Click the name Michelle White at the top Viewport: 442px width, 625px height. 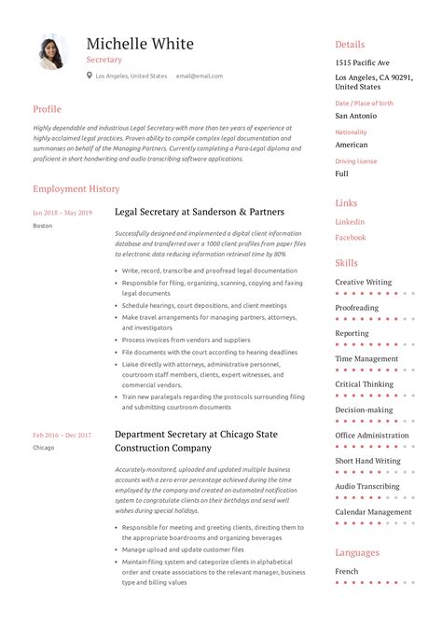pos(140,44)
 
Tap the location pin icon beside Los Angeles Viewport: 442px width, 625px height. pos(90,76)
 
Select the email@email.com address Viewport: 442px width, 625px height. pos(200,76)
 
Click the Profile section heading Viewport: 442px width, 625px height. pos(47,109)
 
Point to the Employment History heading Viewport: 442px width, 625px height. pos(76,188)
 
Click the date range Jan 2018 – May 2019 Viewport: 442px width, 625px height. pos(62,213)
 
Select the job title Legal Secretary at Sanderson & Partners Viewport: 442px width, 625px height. pos(200,212)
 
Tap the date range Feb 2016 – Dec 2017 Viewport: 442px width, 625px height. pos(62,435)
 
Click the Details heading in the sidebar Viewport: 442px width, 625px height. pos(350,44)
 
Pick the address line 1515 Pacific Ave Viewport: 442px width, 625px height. pos(363,62)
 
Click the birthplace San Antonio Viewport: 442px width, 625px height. pos(356,116)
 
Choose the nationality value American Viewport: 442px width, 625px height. pos(352,145)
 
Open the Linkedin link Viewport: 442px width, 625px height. pos(350,222)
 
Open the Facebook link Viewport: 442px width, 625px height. pos(351,238)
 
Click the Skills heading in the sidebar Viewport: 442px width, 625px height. pos(346,263)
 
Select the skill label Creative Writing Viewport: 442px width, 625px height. pos(364,282)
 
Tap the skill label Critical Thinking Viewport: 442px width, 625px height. pos(365,384)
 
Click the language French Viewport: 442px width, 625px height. pos(347,571)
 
